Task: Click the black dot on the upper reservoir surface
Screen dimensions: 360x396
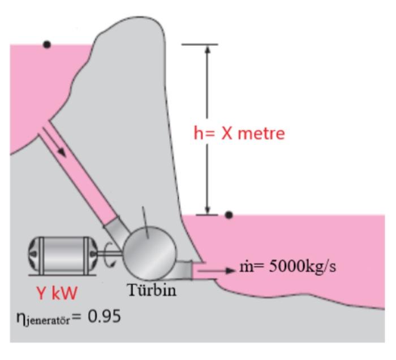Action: point(47,44)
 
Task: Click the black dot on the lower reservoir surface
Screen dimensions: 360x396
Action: point(229,215)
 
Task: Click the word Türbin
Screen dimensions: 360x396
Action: point(152,290)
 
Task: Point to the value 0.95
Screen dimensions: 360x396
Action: point(104,316)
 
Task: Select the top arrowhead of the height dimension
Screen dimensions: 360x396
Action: point(207,49)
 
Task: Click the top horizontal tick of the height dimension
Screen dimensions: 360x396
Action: point(200,44)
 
